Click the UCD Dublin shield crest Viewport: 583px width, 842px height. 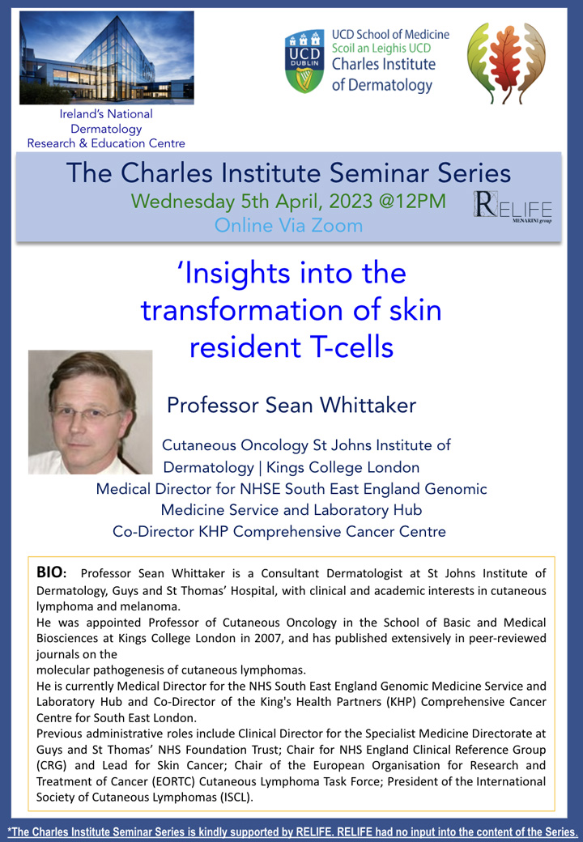click(304, 62)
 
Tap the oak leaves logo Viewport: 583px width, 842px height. click(506, 63)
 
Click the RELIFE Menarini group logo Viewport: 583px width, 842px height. click(513, 207)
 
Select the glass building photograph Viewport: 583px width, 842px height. click(107, 58)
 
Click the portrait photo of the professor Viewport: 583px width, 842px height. click(90, 412)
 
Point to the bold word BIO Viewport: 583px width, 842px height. click(50, 572)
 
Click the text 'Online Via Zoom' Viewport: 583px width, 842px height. click(289, 225)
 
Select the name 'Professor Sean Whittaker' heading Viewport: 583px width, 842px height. click(291, 405)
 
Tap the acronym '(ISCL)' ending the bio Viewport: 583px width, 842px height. click(236, 797)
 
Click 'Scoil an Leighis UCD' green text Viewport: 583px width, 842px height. click(381, 49)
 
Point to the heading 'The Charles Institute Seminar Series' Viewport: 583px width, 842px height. click(289, 173)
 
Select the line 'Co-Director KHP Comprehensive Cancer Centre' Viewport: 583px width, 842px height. click(279, 532)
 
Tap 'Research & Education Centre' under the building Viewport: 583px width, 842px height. click(106, 143)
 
